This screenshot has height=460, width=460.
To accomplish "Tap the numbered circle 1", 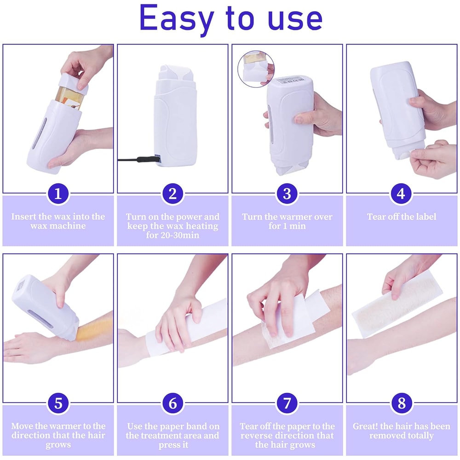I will point(58,194).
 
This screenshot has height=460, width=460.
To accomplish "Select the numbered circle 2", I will point(172,194).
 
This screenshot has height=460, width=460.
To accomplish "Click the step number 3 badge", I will point(287,194).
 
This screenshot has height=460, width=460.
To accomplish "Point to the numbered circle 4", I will point(402,194).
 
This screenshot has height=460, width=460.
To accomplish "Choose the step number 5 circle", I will point(58,403).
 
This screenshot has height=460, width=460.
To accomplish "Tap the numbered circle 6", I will point(172,403).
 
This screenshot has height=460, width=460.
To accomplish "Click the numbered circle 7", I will point(287,403).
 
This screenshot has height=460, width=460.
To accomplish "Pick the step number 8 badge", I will point(402,403).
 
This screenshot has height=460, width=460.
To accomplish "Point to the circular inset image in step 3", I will point(255,69).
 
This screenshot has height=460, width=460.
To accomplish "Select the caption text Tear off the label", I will point(402,217).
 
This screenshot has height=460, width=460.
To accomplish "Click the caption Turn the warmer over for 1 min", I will point(287,221).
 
